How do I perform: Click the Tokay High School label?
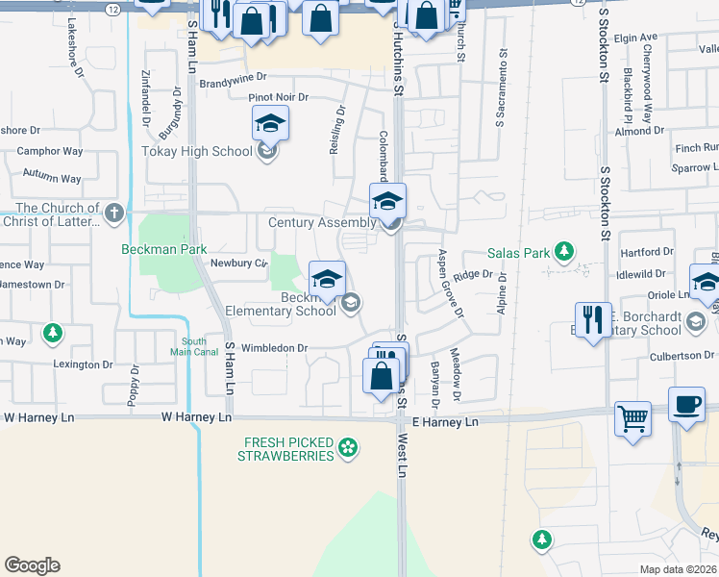[196, 151]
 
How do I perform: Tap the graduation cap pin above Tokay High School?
[270, 123]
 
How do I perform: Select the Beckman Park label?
[164, 248]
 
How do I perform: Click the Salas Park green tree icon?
[564, 253]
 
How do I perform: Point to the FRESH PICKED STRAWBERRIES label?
[287, 448]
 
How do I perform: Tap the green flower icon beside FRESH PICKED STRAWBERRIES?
[347, 447]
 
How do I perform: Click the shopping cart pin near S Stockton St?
[632, 417]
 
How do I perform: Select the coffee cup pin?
[686, 404]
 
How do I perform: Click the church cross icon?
[114, 213]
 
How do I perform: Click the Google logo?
[32, 565]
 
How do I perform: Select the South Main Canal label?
[194, 348]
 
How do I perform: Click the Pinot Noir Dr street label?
[278, 98]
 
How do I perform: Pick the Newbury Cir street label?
[238, 263]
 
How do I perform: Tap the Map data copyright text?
[679, 569]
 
